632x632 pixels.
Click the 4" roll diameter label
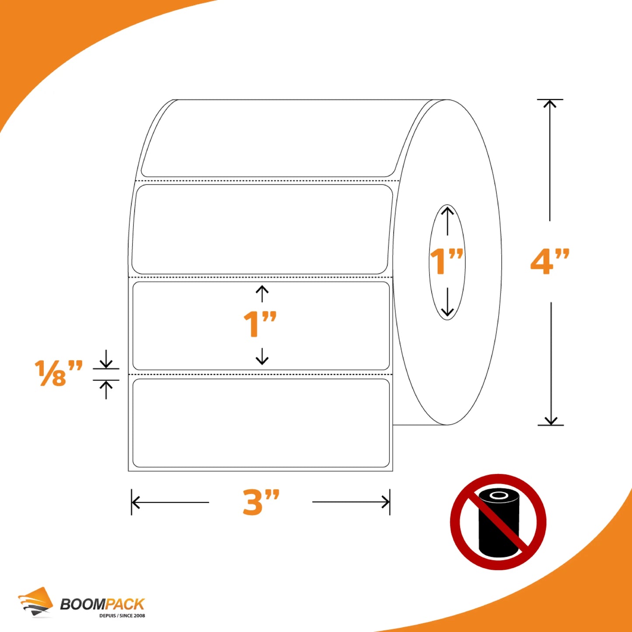pos(550,262)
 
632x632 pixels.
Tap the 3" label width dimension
pos(261,502)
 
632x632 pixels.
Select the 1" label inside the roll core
pos(447,261)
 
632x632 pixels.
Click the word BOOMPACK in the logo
pos(102,604)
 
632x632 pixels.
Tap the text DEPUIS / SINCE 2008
pos(122,616)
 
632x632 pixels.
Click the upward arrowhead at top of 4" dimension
pos(550,104)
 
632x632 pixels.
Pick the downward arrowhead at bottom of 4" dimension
pos(551,421)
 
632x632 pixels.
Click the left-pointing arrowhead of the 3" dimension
pos(136,502)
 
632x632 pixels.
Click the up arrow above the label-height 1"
pos(262,293)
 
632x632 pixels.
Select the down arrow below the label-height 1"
pos(262,356)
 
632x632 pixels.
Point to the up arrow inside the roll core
pos(447,221)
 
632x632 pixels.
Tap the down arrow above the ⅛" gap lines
pos(105,359)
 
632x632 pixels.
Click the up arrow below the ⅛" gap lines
pos(105,390)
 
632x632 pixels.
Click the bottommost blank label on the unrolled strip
pos(261,423)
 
